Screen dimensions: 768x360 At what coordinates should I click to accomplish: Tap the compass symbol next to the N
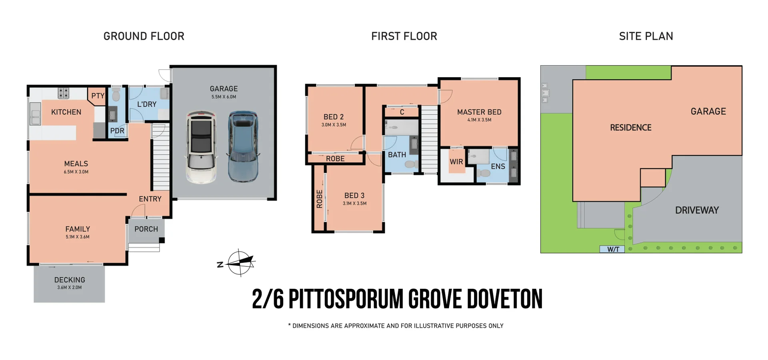(x=240, y=263)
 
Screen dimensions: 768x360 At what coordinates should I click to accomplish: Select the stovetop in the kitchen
(x=64, y=93)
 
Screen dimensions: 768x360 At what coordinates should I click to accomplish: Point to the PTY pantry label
(x=98, y=96)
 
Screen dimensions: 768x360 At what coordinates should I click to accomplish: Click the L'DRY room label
(x=147, y=104)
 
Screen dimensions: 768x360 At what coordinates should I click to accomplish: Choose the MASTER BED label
(x=479, y=112)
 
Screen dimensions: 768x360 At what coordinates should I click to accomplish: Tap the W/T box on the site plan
(x=612, y=249)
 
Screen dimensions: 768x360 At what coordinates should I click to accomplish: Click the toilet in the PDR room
(x=116, y=95)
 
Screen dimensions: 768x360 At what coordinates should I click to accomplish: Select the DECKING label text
(x=70, y=280)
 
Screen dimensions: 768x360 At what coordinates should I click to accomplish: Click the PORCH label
(x=146, y=229)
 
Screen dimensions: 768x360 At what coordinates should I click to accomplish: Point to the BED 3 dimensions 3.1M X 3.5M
(x=354, y=204)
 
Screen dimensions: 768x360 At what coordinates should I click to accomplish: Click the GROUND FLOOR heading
(x=144, y=36)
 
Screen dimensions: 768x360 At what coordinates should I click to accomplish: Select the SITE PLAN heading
(x=646, y=36)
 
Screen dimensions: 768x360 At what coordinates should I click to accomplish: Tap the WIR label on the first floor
(x=456, y=162)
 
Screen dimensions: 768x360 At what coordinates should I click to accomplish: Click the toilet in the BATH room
(x=410, y=164)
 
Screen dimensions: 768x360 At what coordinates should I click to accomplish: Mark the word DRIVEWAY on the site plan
(x=697, y=210)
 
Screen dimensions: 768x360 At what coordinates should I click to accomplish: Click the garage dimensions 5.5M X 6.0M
(x=224, y=97)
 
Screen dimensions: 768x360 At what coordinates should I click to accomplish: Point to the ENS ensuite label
(x=498, y=166)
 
